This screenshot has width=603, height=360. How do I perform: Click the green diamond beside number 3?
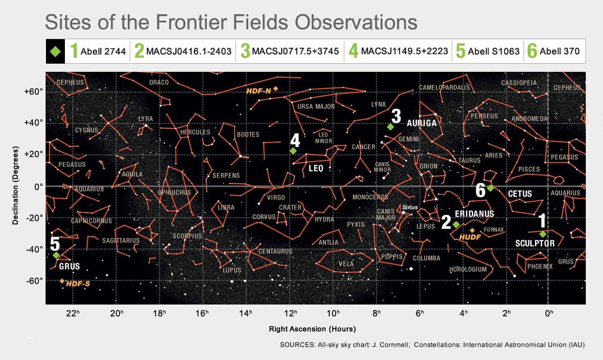[x=390, y=126]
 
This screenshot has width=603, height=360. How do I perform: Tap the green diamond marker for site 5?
[x=56, y=255]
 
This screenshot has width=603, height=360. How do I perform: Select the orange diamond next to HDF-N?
[x=275, y=89]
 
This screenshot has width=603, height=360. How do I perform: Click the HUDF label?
[x=470, y=237]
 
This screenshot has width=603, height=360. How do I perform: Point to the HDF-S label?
[x=78, y=284]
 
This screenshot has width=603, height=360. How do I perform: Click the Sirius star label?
[x=410, y=207]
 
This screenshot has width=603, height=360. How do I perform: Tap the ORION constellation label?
[x=429, y=166]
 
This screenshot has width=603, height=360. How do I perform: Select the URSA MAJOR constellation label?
[x=316, y=107]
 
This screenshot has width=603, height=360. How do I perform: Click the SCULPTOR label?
[x=535, y=243]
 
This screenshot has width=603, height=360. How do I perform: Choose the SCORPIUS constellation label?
[x=187, y=236]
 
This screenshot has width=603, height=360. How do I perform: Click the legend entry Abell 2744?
[x=103, y=51]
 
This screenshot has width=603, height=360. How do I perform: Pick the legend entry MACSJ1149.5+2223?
[x=404, y=51]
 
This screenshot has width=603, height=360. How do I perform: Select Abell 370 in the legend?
[x=560, y=51]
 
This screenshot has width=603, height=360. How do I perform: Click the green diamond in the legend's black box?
[x=55, y=52]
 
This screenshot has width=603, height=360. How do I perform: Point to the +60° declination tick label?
[x=34, y=92]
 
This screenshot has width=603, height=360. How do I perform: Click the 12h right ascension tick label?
[x=291, y=313]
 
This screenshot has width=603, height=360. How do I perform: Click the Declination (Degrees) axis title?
[x=15, y=185]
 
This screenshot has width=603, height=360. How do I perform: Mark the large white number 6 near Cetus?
[x=481, y=190]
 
